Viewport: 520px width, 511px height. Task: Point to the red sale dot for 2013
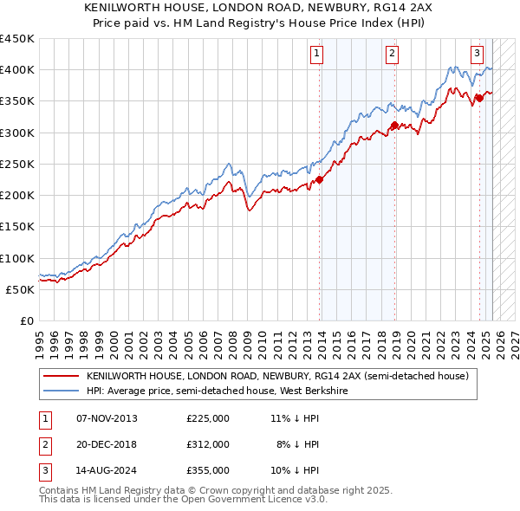click(x=319, y=179)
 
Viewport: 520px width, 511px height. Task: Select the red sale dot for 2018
click(x=394, y=126)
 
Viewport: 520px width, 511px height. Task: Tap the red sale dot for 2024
click(x=479, y=98)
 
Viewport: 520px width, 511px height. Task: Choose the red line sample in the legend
click(x=61, y=376)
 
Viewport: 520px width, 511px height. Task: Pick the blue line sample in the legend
click(x=61, y=391)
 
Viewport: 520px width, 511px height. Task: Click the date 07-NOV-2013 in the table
click(x=107, y=418)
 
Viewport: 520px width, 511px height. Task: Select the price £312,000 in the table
click(x=208, y=444)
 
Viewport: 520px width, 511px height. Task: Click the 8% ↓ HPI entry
click(x=298, y=444)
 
